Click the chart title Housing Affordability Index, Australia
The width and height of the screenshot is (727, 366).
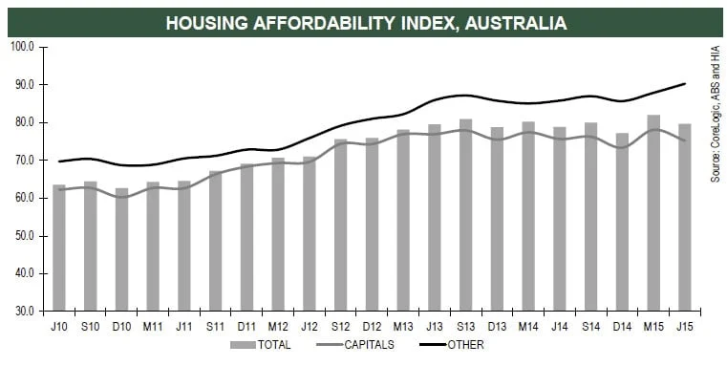pos(365,22)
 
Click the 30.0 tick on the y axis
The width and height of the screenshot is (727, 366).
pos(23,312)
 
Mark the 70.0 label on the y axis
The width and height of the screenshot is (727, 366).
pos(23,161)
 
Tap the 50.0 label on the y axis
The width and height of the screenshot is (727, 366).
pos(23,236)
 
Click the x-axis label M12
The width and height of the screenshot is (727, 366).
pos(277,326)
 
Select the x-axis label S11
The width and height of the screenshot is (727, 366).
pos(215,326)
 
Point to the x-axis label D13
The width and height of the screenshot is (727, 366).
pos(496,326)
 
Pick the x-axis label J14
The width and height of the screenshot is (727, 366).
pos(559,326)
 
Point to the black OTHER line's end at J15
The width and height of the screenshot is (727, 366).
pos(685,84)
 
